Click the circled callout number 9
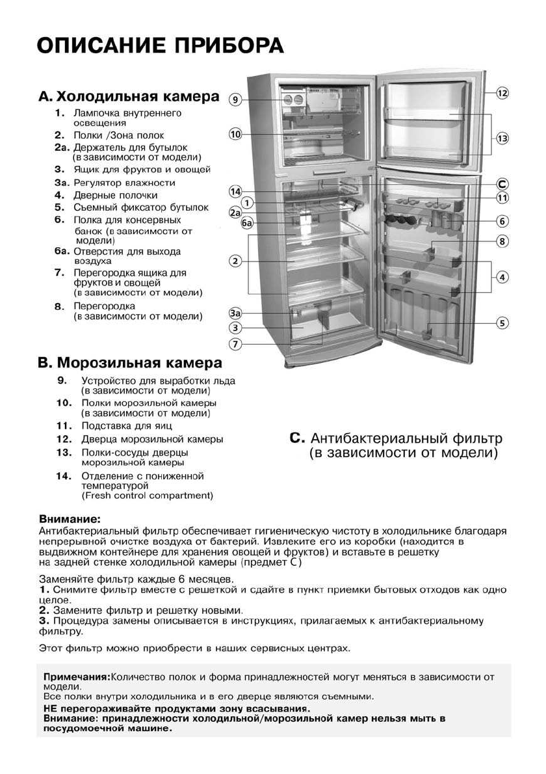(x=235, y=100)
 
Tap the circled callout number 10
(x=235, y=135)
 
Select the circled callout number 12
(x=502, y=94)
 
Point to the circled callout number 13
(x=502, y=138)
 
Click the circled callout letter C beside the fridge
(x=502, y=183)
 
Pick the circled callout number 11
(x=502, y=198)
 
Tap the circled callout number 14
(x=235, y=191)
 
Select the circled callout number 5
(x=502, y=322)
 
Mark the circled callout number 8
(x=502, y=241)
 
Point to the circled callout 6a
(x=247, y=224)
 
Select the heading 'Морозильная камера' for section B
(x=140, y=362)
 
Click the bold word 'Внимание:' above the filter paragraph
(x=70, y=520)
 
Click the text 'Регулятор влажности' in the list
(x=124, y=183)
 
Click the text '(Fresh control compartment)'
(x=147, y=496)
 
